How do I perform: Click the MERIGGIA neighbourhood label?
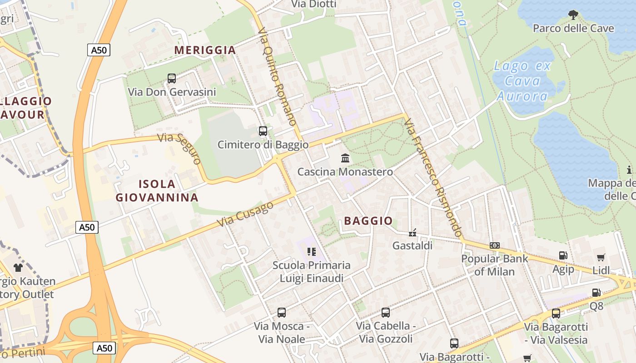(205, 50)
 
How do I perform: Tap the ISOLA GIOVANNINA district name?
(157, 191)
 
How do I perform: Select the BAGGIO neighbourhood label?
(368, 221)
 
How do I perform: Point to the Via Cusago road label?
(245, 214)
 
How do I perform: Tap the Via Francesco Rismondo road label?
(433, 177)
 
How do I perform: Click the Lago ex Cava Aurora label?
(522, 81)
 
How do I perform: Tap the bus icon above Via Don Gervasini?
(172, 78)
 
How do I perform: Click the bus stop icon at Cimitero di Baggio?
(263, 131)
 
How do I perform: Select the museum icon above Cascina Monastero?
(345, 158)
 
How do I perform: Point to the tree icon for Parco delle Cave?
(573, 15)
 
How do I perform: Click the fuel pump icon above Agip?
(563, 256)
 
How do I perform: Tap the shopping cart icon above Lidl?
(601, 257)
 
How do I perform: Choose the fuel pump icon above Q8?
(596, 293)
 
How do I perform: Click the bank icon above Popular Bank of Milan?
(495, 245)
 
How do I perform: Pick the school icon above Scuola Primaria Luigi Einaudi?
(312, 251)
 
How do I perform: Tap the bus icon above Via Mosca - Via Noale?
(282, 313)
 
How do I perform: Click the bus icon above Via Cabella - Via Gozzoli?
(386, 312)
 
